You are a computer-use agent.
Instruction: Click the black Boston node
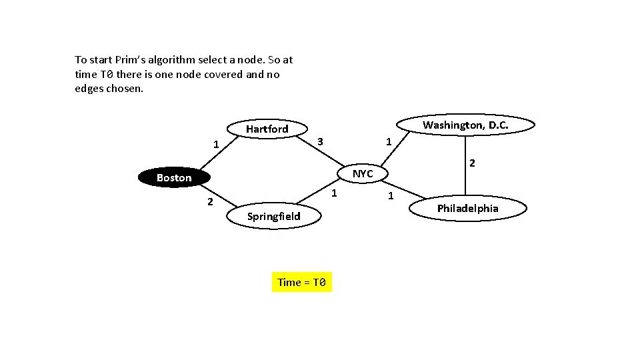(174, 177)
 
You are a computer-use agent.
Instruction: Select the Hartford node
(267, 129)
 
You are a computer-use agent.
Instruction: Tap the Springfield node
(273, 216)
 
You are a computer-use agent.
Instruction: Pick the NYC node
(363, 173)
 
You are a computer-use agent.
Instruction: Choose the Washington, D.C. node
(465, 125)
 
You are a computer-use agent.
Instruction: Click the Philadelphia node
(467, 209)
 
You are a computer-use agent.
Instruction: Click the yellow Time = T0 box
(301, 282)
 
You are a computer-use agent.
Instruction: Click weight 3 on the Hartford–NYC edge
(320, 141)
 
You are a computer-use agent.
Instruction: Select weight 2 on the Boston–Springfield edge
(209, 202)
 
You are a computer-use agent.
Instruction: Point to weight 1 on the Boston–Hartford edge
(215, 144)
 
